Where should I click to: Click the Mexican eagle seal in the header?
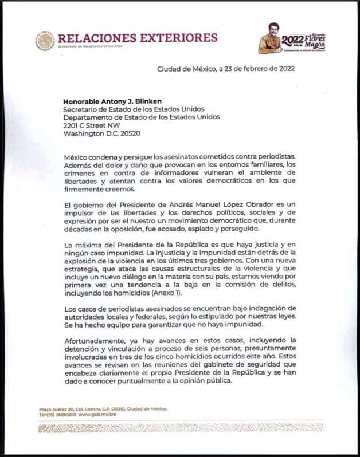(44, 40)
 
